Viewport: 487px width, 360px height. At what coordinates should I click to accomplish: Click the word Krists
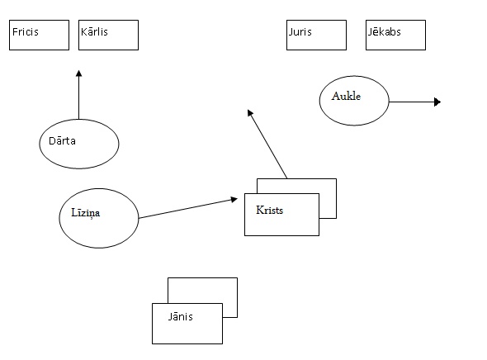(x=270, y=211)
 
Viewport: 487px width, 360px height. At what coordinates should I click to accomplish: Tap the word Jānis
(x=181, y=316)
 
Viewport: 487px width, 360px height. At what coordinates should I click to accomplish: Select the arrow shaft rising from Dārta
(x=79, y=95)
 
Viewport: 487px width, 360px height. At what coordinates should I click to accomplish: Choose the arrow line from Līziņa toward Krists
(x=188, y=208)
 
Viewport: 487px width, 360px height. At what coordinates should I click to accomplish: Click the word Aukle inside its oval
(x=346, y=97)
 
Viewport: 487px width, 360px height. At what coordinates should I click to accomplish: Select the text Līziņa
(x=85, y=213)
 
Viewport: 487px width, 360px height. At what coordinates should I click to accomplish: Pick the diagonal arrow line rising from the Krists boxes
(x=267, y=144)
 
